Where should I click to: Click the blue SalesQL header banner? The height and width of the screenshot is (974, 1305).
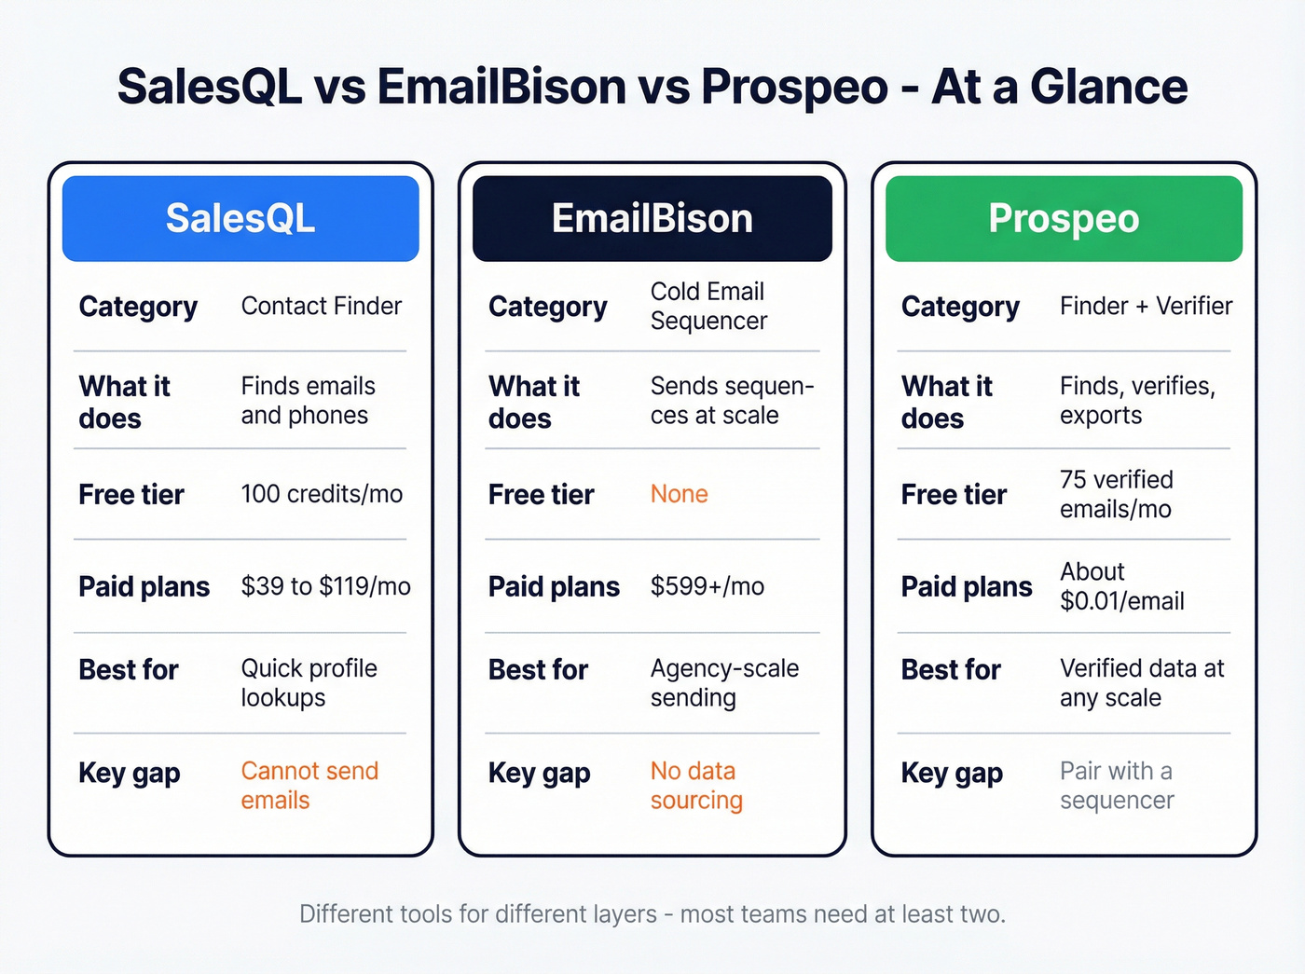[240, 219]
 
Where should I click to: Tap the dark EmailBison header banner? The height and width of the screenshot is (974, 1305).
[652, 219]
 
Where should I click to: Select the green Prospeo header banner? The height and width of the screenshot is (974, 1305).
[1064, 219]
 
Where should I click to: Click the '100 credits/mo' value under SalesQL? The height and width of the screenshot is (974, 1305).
[322, 494]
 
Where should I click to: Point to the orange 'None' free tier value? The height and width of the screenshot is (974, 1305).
[679, 494]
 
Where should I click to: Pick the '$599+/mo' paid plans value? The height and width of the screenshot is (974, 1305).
[707, 586]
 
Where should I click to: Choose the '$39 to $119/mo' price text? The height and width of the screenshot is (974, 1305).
[325, 586]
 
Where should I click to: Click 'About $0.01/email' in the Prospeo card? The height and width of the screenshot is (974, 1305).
[1121, 586]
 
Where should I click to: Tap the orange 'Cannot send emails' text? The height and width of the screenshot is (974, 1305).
[309, 786]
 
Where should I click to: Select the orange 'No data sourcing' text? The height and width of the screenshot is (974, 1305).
[696, 786]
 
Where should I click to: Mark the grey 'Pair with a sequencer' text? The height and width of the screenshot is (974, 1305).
[1117, 786]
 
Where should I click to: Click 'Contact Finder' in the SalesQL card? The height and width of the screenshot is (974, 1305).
[322, 306]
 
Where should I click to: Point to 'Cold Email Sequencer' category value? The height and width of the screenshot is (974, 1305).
[708, 306]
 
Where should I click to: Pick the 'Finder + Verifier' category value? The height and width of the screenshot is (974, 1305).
[1146, 306]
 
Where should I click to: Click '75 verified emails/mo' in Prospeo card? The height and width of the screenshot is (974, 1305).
[1116, 494]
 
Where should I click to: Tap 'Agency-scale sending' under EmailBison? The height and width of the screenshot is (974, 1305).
[724, 683]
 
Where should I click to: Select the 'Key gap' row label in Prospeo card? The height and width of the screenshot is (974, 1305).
[952, 773]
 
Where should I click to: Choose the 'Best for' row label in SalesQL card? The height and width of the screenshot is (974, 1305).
[129, 669]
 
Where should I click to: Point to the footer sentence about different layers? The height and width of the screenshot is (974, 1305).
[652, 914]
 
